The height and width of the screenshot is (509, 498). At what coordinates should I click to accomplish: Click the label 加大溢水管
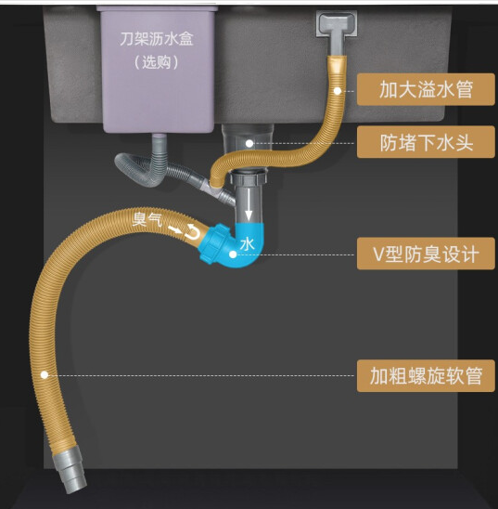tap(426, 89)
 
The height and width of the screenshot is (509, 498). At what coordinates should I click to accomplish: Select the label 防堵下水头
tap(426, 142)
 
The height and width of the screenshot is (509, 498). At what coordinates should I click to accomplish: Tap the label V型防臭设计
tap(426, 254)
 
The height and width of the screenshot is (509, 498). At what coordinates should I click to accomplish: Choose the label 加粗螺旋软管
tap(426, 375)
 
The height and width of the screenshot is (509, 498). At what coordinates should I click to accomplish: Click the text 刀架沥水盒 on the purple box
tap(157, 39)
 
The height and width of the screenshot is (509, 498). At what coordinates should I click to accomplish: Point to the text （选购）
tap(157, 62)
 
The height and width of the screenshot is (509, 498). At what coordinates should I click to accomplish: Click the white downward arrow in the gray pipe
tap(249, 204)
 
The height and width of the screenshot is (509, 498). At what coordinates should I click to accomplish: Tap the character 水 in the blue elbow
tap(248, 243)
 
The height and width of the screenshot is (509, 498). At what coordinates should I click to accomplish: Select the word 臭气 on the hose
tap(147, 219)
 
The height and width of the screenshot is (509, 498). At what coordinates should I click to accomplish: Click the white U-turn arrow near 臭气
tap(193, 232)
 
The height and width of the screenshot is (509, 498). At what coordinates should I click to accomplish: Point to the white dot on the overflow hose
tap(338, 91)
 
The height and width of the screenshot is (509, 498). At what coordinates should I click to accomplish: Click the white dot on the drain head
tap(249, 143)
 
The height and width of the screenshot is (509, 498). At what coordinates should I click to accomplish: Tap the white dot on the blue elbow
tap(233, 254)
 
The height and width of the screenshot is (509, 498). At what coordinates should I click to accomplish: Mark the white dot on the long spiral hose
tap(45, 375)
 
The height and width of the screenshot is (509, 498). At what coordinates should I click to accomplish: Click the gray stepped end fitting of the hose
tap(70, 470)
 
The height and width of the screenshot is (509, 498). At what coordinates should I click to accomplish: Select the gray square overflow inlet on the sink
tap(337, 23)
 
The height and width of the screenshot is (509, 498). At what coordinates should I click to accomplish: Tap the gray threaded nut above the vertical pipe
tap(249, 178)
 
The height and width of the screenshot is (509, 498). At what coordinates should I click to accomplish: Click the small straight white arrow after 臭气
tap(175, 229)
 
